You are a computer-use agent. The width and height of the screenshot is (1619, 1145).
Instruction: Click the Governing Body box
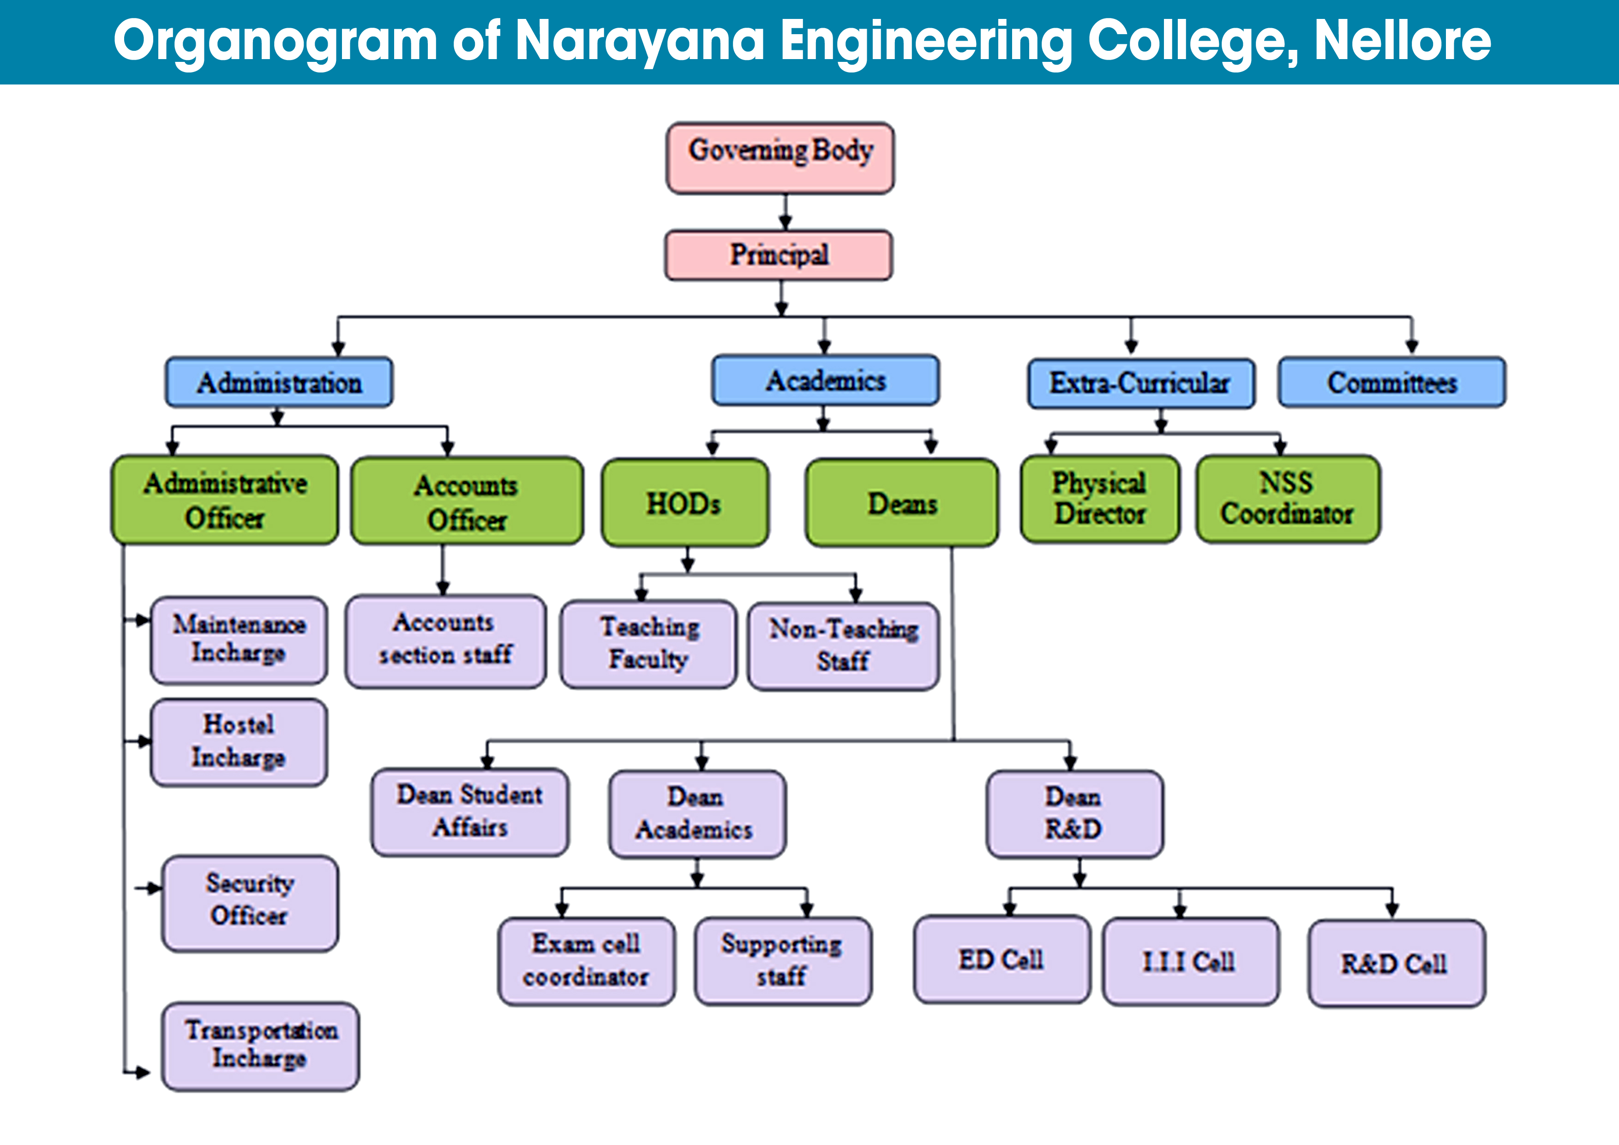click(780, 158)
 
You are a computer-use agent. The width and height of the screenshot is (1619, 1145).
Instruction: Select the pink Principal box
click(779, 255)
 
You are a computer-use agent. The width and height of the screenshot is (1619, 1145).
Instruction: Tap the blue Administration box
click(279, 382)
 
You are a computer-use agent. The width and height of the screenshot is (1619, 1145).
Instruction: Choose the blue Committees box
click(1392, 382)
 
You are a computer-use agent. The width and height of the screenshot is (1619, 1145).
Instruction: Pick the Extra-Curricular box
click(1141, 383)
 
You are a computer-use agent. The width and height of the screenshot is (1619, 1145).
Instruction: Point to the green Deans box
click(902, 502)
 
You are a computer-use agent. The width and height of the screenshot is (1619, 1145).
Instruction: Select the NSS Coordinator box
click(1288, 499)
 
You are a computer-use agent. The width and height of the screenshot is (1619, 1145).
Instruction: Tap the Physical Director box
click(1100, 499)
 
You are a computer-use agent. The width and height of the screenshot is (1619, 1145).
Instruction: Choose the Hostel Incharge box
click(239, 742)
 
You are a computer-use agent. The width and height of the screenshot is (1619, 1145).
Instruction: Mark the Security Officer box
click(250, 903)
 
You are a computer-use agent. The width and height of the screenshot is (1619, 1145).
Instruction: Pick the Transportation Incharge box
click(260, 1046)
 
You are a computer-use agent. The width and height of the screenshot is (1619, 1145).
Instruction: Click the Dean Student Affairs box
click(470, 812)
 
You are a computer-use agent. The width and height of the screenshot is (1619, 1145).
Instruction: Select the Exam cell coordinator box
click(587, 961)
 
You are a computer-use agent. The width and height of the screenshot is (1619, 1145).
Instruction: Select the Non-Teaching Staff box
click(843, 645)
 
